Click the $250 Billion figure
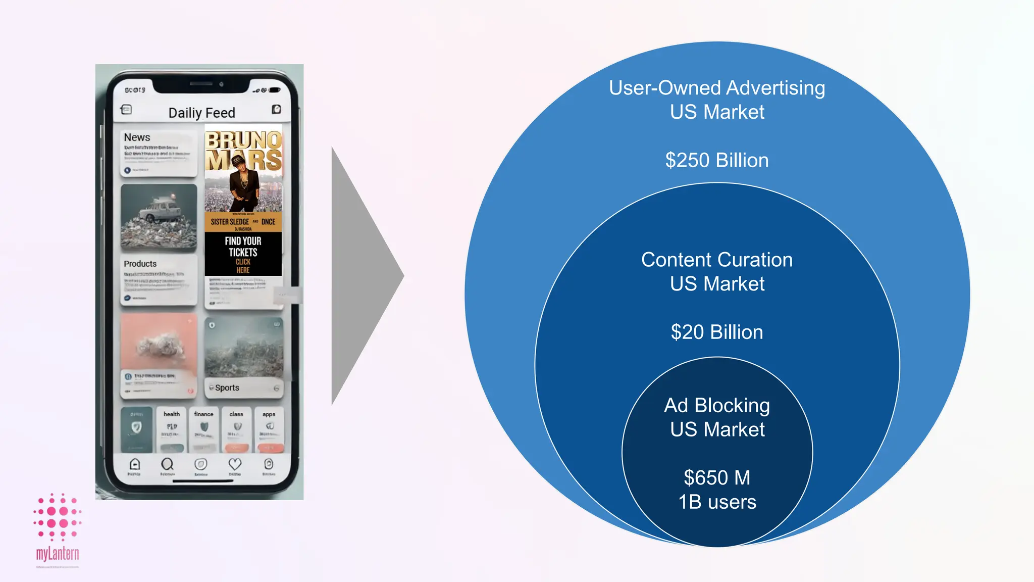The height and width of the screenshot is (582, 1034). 717,161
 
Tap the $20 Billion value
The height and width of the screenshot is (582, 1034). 717,332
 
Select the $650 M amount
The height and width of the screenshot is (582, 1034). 717,478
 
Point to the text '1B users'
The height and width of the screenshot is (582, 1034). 717,502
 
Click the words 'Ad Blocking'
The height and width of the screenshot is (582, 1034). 717,406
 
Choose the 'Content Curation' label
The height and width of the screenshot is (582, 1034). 717,260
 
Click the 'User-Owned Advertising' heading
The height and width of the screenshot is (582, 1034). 717,88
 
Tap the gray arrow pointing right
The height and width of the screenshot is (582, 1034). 364,276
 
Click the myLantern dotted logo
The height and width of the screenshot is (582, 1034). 58,516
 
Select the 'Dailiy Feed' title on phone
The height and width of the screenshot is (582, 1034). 201,113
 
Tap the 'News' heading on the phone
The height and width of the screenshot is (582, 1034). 137,137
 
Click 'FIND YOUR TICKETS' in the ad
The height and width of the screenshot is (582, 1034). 243,247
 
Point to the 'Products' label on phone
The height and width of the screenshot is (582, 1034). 140,264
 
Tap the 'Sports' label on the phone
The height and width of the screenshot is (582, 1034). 227,388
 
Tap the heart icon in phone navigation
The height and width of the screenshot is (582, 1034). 235,464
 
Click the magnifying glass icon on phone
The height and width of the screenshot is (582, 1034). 167,464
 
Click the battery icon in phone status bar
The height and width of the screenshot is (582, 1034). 274,90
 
